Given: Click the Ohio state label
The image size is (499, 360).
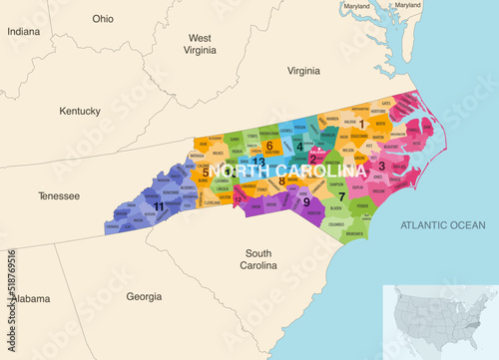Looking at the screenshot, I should pos(103,19).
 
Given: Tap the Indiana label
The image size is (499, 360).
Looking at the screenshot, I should pos(23,32).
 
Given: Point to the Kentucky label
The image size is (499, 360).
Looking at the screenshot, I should pos(80,111).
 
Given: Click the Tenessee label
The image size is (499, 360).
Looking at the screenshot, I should pos(58,196).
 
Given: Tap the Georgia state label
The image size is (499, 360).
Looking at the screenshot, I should pos(145,296).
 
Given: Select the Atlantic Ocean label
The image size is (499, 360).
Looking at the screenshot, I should pos(442,225).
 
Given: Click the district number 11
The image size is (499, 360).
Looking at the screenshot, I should pos(159,205).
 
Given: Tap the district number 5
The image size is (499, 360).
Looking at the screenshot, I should pos(206,172).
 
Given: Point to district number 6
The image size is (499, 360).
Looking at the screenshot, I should pos(268,146).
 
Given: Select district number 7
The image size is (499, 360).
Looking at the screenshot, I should pos(342,196).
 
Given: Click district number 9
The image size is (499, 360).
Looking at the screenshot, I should pos(306,202).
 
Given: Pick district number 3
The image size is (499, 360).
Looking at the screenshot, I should pos(381,166).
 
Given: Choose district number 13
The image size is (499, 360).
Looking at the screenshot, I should pos(258,161).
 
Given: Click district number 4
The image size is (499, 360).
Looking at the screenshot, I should pos(299,147).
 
